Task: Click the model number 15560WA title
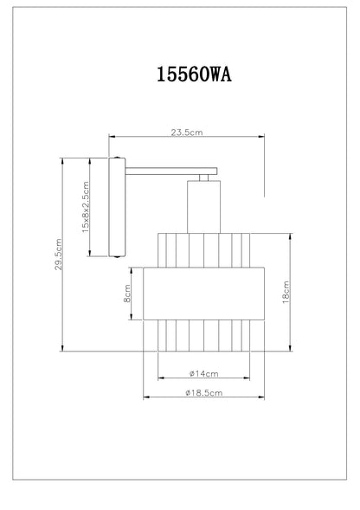[194, 74]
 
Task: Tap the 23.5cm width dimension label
[187, 132]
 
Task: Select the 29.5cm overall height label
[58, 255]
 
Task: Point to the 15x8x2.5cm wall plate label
[85, 207]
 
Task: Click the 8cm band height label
[127, 294]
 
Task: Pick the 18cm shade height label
[286, 292]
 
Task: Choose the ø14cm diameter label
[204, 374]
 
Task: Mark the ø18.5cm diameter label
[204, 393]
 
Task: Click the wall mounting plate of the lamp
[117, 207]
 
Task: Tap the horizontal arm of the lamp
[171, 171]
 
